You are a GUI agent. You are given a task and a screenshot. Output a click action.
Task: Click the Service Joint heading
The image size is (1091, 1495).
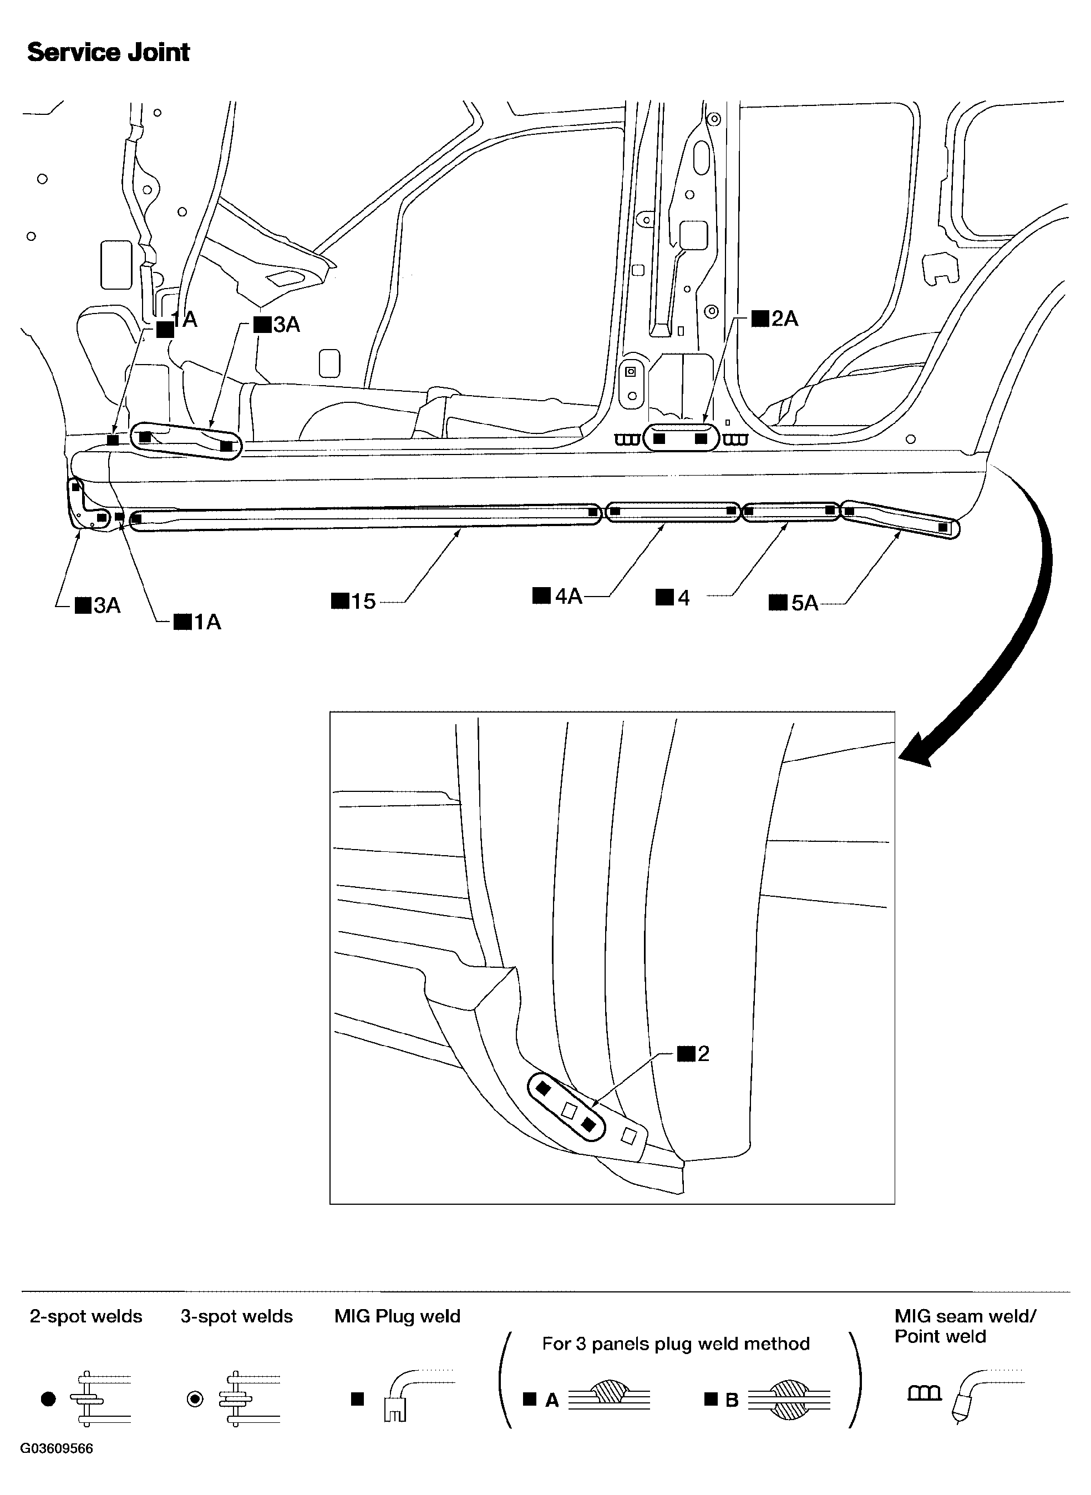(x=108, y=52)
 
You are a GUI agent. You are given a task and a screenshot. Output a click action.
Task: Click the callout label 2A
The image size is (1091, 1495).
(x=776, y=319)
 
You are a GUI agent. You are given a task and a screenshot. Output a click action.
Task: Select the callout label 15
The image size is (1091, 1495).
(x=354, y=601)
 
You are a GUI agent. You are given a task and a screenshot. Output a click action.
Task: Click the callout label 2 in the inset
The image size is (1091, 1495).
(x=694, y=1053)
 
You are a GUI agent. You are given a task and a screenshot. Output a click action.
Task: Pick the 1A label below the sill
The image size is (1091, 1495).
(x=198, y=622)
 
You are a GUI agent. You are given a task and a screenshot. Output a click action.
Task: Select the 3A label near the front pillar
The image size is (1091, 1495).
(x=277, y=325)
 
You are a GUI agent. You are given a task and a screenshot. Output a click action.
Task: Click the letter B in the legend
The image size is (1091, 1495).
(x=732, y=1400)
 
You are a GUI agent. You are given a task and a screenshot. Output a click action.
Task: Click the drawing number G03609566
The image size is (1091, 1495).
(x=57, y=1467)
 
